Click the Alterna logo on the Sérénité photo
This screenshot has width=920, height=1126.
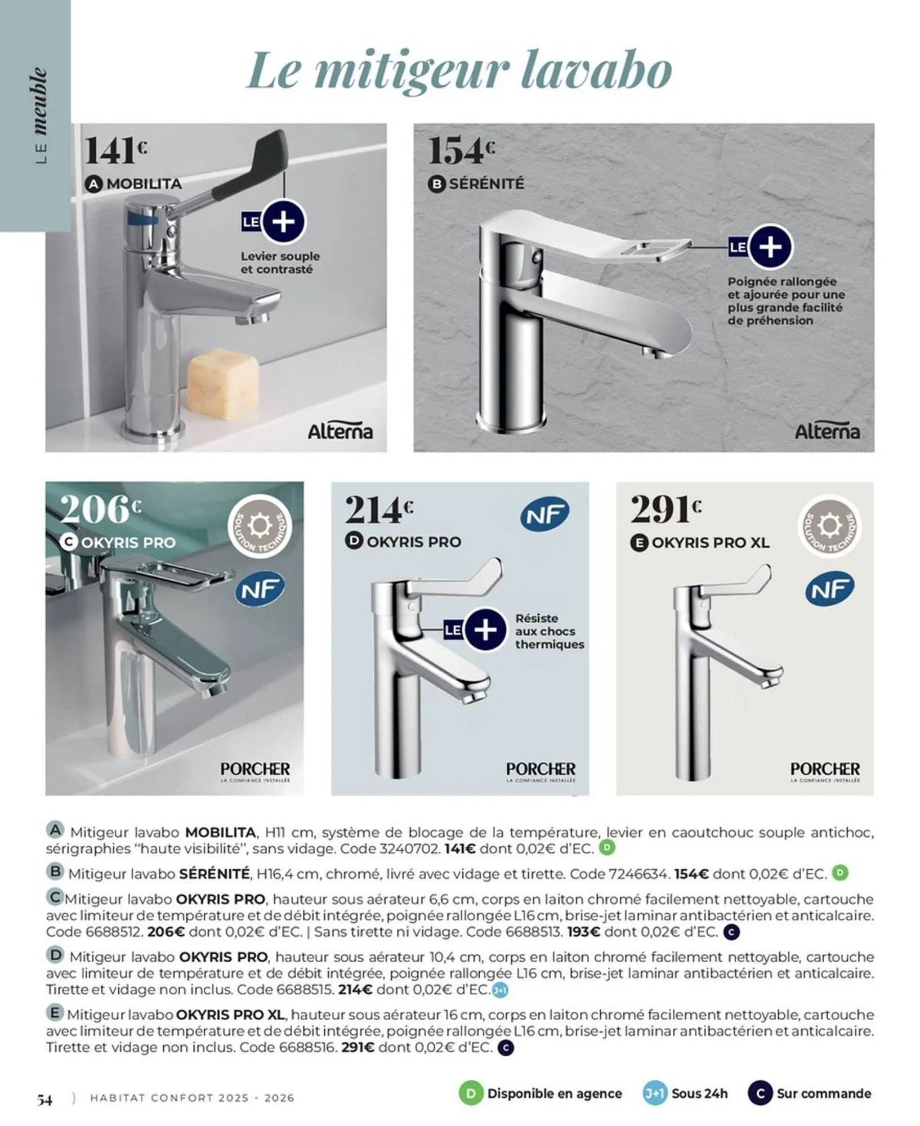[827, 432]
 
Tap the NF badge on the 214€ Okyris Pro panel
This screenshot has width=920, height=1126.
[544, 513]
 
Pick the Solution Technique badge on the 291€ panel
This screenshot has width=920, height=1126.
[829, 526]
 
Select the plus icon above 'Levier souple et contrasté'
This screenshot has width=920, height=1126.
[283, 221]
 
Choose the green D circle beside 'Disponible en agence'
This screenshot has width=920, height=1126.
[471, 1093]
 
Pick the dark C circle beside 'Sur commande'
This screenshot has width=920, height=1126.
[760, 1093]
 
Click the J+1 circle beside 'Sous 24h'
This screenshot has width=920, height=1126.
[654, 1093]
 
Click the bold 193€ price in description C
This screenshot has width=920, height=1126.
[583, 932]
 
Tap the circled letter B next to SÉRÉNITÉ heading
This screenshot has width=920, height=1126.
[436, 184]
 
